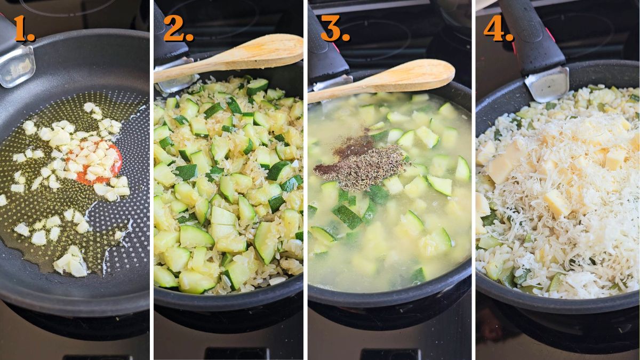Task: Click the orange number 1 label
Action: coord(23,29)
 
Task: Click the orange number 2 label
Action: coord(178,29)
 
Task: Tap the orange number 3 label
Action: coord(334,29)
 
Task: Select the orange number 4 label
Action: coord(498,29)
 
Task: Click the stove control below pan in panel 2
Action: coord(228,353)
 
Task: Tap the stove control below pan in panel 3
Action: coord(381,354)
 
